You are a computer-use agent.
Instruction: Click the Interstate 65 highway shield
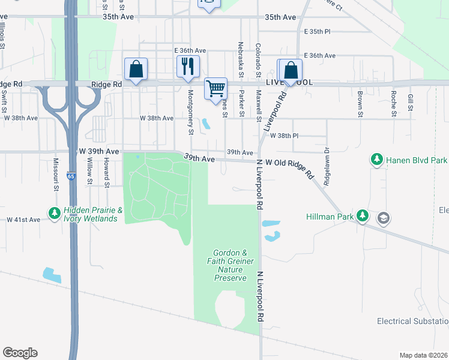tap(71, 176)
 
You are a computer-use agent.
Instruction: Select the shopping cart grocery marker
tap(215, 89)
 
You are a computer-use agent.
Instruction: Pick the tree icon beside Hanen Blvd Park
tap(376, 160)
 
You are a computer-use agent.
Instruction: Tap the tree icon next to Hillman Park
tap(362, 215)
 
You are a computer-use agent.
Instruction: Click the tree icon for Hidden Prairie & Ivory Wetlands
tap(54, 213)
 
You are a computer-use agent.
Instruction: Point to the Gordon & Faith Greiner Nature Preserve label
tap(231, 265)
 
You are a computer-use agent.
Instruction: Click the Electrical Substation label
tap(412, 321)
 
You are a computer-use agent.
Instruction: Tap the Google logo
tap(20, 353)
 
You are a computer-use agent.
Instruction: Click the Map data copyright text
tap(423, 355)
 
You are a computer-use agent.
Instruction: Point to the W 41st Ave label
tap(23, 220)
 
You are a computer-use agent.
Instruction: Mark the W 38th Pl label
tap(284, 136)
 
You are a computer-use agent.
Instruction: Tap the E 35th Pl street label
tap(318, 31)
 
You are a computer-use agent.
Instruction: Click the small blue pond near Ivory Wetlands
tap(52, 275)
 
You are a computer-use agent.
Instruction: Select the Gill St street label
tap(411, 102)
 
